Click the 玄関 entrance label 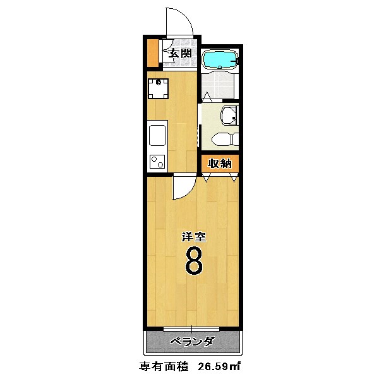[x=180, y=54]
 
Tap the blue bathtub [x=219, y=60]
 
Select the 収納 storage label [x=219, y=164]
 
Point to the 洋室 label [x=193, y=238]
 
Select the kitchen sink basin [x=157, y=135]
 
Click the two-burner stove [x=157, y=162]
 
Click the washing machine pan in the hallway [x=158, y=88]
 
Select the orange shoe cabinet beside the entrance [x=152, y=54]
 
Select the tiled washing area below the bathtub [x=219, y=85]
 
